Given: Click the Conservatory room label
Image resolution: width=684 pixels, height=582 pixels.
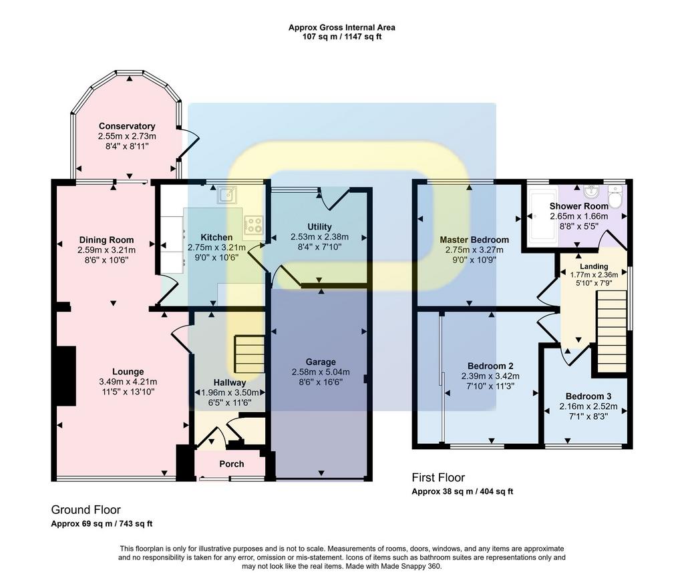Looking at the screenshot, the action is (x=127, y=126).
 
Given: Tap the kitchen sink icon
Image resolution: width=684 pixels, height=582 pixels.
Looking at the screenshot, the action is (x=227, y=195).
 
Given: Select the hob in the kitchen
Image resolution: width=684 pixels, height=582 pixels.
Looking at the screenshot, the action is (x=254, y=224).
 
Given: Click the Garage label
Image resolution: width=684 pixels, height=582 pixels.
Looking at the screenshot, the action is (x=321, y=362).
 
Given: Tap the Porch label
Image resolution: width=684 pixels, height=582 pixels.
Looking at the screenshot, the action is (x=232, y=464).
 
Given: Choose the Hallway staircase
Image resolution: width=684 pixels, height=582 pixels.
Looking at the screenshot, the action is (x=250, y=354).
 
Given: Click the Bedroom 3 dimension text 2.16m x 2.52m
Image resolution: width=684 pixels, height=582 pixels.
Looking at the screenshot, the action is (x=588, y=406).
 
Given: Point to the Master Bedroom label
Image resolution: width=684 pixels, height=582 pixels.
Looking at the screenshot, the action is (x=474, y=240).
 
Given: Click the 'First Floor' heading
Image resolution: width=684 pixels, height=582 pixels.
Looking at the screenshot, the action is (x=438, y=477).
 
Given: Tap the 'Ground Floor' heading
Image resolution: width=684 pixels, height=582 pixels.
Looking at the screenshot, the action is (x=86, y=510).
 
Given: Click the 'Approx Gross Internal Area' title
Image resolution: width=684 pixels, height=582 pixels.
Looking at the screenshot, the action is (x=342, y=27).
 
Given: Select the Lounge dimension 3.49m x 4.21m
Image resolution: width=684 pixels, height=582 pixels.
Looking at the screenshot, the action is (x=128, y=382).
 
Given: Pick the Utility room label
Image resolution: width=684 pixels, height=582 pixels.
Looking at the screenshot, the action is (x=319, y=227).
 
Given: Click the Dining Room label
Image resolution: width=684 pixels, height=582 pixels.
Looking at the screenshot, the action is (x=106, y=240).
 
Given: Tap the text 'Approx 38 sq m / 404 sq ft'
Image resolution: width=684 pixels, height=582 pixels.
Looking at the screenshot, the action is (x=462, y=492).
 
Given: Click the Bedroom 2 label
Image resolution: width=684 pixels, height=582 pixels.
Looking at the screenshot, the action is (x=490, y=366).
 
